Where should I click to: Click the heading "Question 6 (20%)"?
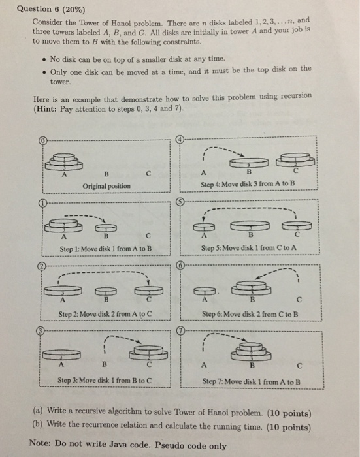pos(48,8)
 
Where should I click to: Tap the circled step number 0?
pos(43,140)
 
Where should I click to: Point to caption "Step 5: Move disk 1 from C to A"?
pos(248,249)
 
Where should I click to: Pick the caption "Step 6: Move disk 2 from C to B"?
pos(250,313)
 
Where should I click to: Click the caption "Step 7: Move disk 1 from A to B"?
pos(251,381)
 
